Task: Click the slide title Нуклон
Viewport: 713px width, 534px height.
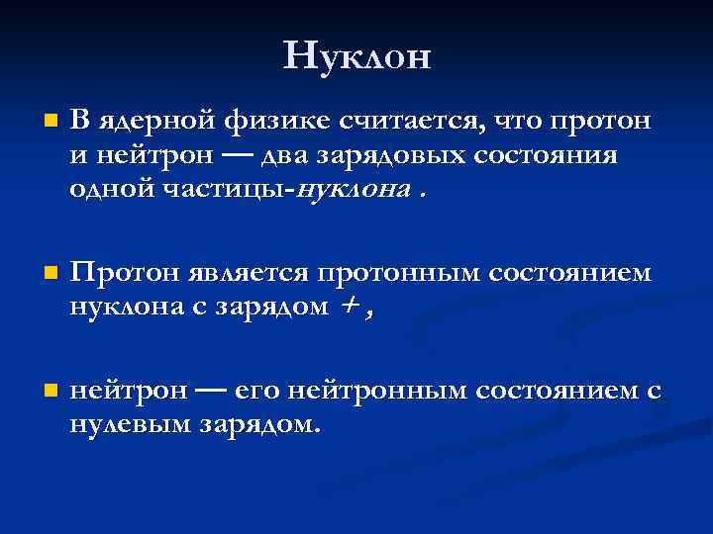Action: tap(356, 55)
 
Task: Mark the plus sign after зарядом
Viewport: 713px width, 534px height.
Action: tap(349, 307)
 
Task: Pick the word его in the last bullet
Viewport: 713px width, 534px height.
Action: tap(258, 392)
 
